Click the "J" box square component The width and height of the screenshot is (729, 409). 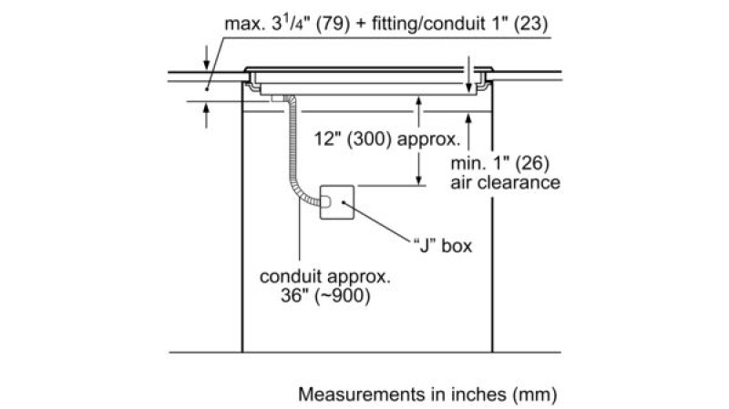coord(337,202)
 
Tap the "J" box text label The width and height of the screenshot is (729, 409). coord(443,246)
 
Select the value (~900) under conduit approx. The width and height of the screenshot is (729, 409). coord(343,296)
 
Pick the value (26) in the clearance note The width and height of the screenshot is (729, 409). coord(532,164)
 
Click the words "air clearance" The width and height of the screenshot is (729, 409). coord(506,183)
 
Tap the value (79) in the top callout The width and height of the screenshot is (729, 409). coord(333,25)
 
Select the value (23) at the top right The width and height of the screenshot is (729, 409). coord(530,24)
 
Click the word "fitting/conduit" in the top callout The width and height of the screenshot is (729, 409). coord(428,25)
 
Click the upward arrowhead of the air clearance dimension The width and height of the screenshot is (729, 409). coord(468,119)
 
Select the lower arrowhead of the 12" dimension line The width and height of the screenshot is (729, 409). coord(419,179)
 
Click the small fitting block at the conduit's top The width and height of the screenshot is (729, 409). coord(278,98)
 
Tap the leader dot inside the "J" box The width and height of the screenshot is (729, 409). coord(343,202)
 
